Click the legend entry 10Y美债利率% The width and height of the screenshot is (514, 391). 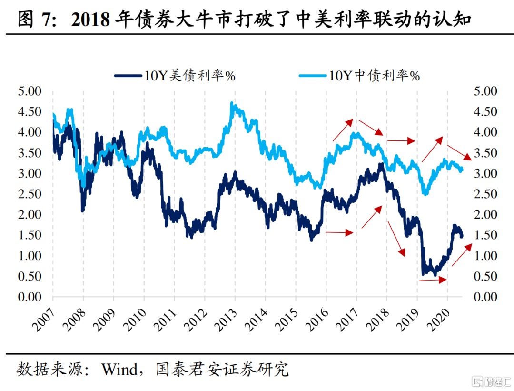(175, 75)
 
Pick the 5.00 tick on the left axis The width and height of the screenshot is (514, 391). (30, 91)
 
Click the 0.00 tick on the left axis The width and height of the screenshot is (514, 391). (30, 297)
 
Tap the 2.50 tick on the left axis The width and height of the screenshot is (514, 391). (30, 194)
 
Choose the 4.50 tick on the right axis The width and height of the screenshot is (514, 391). (484, 111)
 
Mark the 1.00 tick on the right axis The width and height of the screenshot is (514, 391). (484, 256)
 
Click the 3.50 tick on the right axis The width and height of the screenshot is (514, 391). (484, 153)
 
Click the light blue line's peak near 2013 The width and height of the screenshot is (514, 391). (232, 103)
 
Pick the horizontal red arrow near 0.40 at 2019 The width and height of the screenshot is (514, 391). (433, 281)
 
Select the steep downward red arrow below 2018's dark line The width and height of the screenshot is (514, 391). (396, 238)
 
